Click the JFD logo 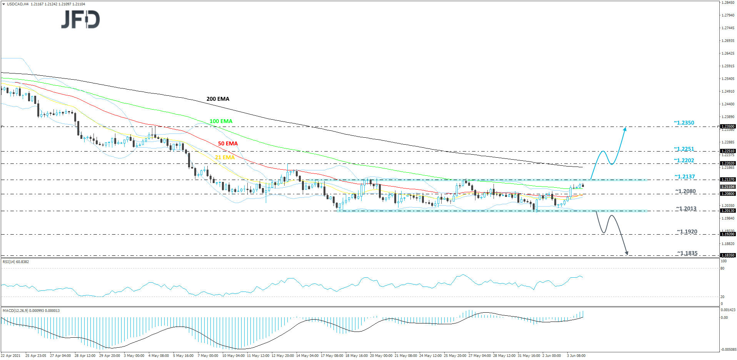(81, 19)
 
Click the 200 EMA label (218, 99)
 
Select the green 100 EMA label (221, 121)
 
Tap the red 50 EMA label (228, 143)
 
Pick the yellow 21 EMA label (225, 157)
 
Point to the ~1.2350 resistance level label (684, 123)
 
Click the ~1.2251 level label (684, 149)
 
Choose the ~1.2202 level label (684, 160)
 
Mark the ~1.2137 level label (685, 177)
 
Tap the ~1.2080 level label (685, 191)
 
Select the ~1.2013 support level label (686, 208)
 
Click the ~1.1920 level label (687, 232)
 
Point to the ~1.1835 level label (687, 253)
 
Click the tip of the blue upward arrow (625, 128)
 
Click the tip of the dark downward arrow (627, 254)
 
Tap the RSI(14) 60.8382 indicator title (16, 262)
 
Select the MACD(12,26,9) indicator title (31, 310)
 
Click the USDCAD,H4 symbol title (18, 4)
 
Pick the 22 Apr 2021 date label (11, 356)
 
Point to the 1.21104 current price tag (727, 187)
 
